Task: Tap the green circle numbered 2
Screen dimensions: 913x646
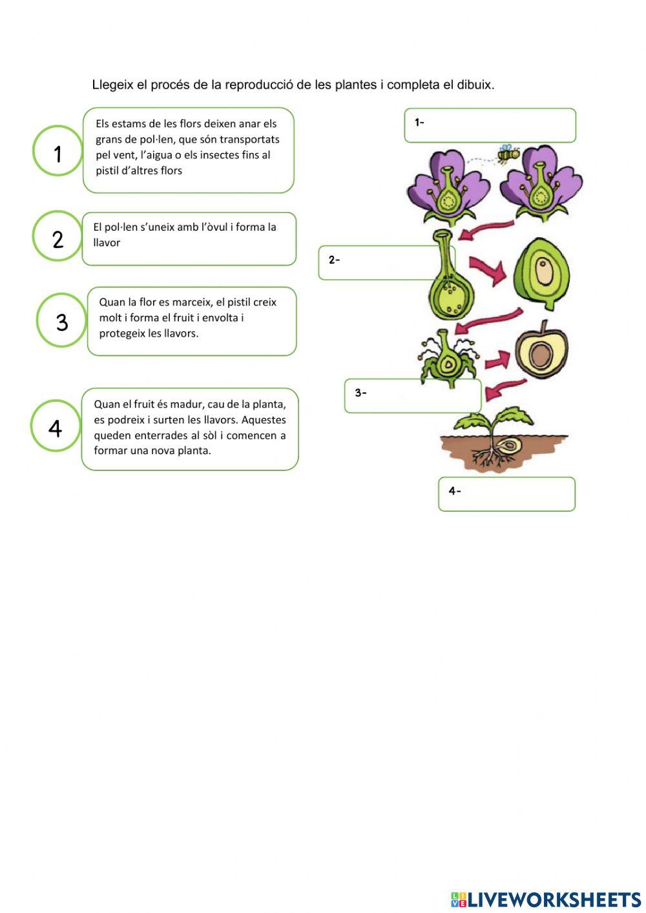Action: [x=57, y=236]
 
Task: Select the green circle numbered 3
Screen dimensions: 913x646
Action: [x=61, y=320]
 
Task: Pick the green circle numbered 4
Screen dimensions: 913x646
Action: [x=56, y=426]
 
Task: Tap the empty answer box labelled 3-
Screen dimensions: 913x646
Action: [x=413, y=395]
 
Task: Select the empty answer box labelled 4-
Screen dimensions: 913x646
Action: [x=506, y=494]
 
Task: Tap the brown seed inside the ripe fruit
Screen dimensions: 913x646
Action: [x=540, y=353]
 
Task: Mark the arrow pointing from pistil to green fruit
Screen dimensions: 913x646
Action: [x=488, y=270]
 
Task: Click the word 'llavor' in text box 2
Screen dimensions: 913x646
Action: [x=107, y=243]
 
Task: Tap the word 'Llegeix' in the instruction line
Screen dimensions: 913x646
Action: [x=112, y=85]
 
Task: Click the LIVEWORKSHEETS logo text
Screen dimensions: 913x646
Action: [x=553, y=899]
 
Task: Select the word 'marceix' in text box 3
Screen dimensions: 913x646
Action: [x=194, y=302]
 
